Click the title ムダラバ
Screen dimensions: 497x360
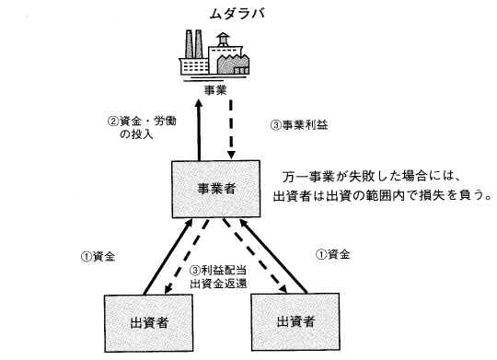pos(237,14)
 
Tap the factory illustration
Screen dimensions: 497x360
pos(214,55)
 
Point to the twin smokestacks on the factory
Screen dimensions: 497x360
pos(194,44)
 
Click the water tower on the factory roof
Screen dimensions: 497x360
pos(224,40)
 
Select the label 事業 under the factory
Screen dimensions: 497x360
pos(215,90)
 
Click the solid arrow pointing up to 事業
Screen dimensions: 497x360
pos(199,131)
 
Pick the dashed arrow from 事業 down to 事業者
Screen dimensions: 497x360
pos(231,130)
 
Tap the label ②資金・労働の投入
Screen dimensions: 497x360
pos(142,127)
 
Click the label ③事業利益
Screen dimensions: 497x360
pos(299,125)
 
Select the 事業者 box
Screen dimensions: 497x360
pos(216,190)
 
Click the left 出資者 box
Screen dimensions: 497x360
pos(149,323)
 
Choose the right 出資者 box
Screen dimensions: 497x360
pos(295,322)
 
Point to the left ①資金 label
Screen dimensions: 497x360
pos(98,256)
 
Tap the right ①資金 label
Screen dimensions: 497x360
pos(333,254)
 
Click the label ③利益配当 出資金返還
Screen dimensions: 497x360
pos(218,277)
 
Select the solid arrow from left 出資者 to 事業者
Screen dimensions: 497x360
pos(168,256)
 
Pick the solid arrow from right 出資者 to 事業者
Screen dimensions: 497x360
pos(273,256)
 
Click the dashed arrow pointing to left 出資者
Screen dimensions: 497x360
pos(186,257)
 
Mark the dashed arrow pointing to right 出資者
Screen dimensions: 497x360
pos(255,256)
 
